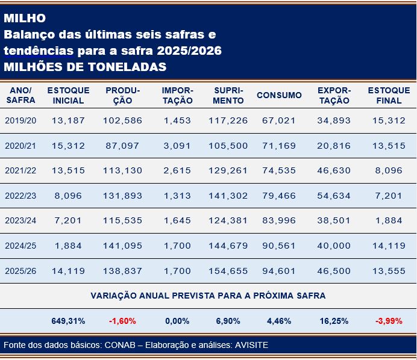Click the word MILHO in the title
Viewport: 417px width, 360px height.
tap(24, 18)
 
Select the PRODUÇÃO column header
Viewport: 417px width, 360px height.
tap(122, 95)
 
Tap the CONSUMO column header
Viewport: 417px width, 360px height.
tap(279, 95)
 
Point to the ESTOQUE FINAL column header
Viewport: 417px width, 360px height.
tap(389, 95)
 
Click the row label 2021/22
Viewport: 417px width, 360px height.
tap(20, 170)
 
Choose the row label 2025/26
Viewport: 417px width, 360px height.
tap(20, 271)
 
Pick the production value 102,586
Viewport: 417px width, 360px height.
tap(122, 120)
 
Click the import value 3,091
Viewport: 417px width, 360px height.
tap(177, 146)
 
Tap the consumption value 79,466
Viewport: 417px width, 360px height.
tap(279, 196)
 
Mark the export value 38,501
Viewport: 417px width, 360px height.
tap(334, 221)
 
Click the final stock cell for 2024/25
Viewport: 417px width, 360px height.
tap(389, 246)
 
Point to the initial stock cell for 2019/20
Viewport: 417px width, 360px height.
tap(68, 120)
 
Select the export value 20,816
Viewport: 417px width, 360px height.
tap(334, 146)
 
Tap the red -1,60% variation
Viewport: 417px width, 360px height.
tap(122, 321)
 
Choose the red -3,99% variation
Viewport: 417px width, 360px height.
tap(389, 321)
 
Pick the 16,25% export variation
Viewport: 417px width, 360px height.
tap(334, 321)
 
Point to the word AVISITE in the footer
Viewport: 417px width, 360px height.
tap(250, 345)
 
